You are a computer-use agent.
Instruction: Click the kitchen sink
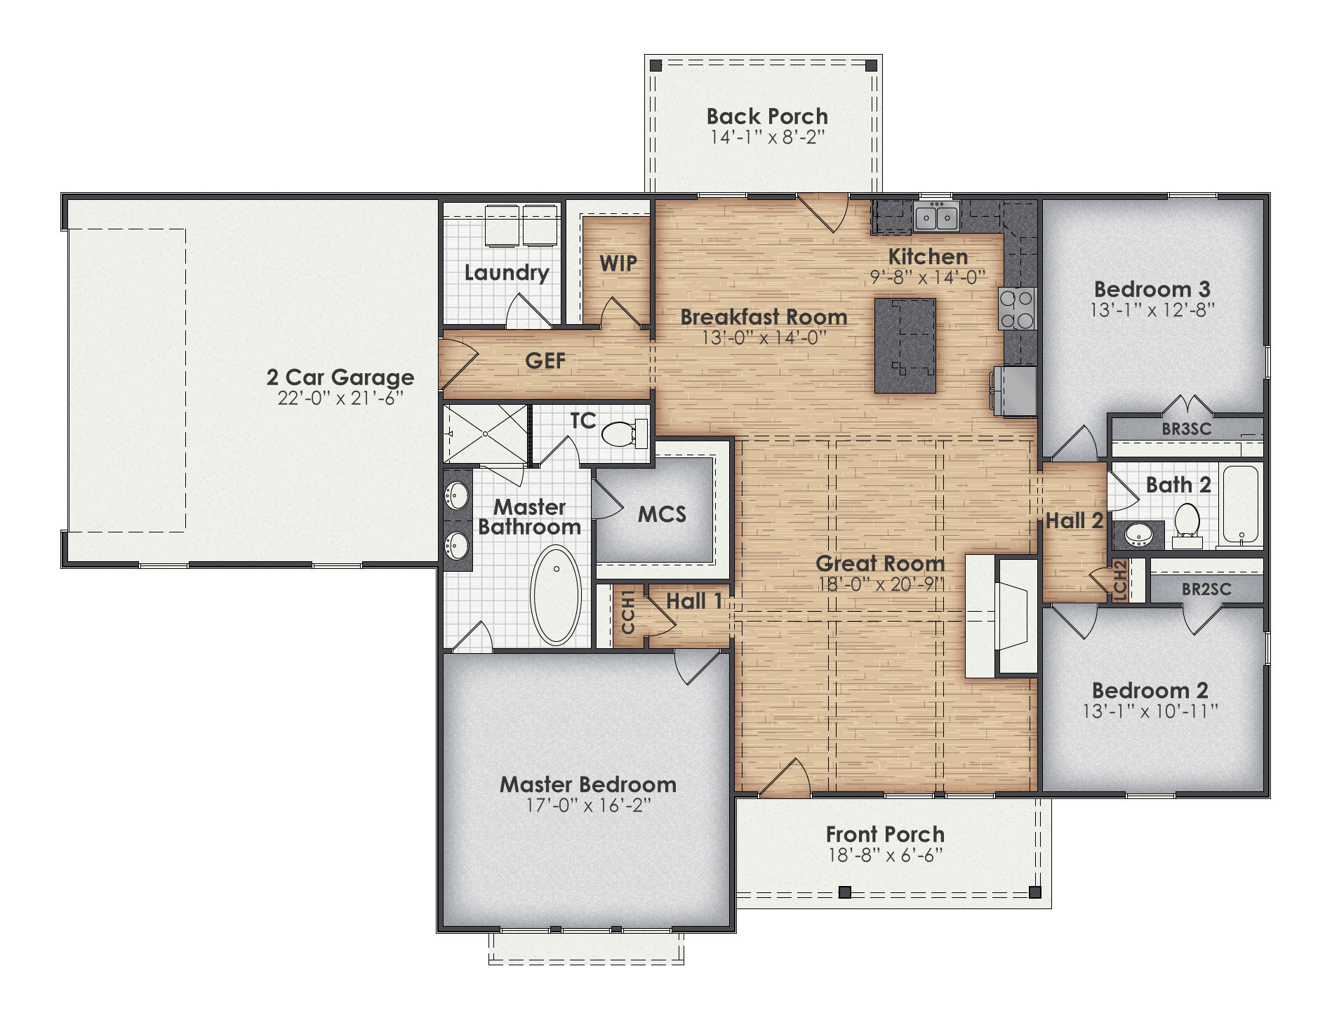click(x=936, y=217)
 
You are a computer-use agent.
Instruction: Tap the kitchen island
click(x=905, y=345)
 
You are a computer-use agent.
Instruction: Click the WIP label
click(x=618, y=263)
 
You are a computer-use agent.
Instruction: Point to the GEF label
click(x=545, y=361)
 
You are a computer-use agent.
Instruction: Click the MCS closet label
click(x=661, y=514)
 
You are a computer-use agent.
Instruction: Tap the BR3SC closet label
click(x=1186, y=429)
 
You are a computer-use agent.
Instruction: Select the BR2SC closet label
click(x=1206, y=589)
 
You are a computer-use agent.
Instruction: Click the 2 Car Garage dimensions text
click(x=340, y=398)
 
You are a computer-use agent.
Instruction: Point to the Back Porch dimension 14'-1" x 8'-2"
click(x=766, y=136)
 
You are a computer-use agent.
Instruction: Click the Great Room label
click(x=879, y=563)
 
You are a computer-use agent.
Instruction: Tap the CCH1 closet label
click(x=628, y=611)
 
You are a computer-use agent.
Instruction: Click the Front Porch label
click(x=884, y=833)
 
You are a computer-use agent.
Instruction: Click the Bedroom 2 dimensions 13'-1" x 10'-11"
click(x=1150, y=711)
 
